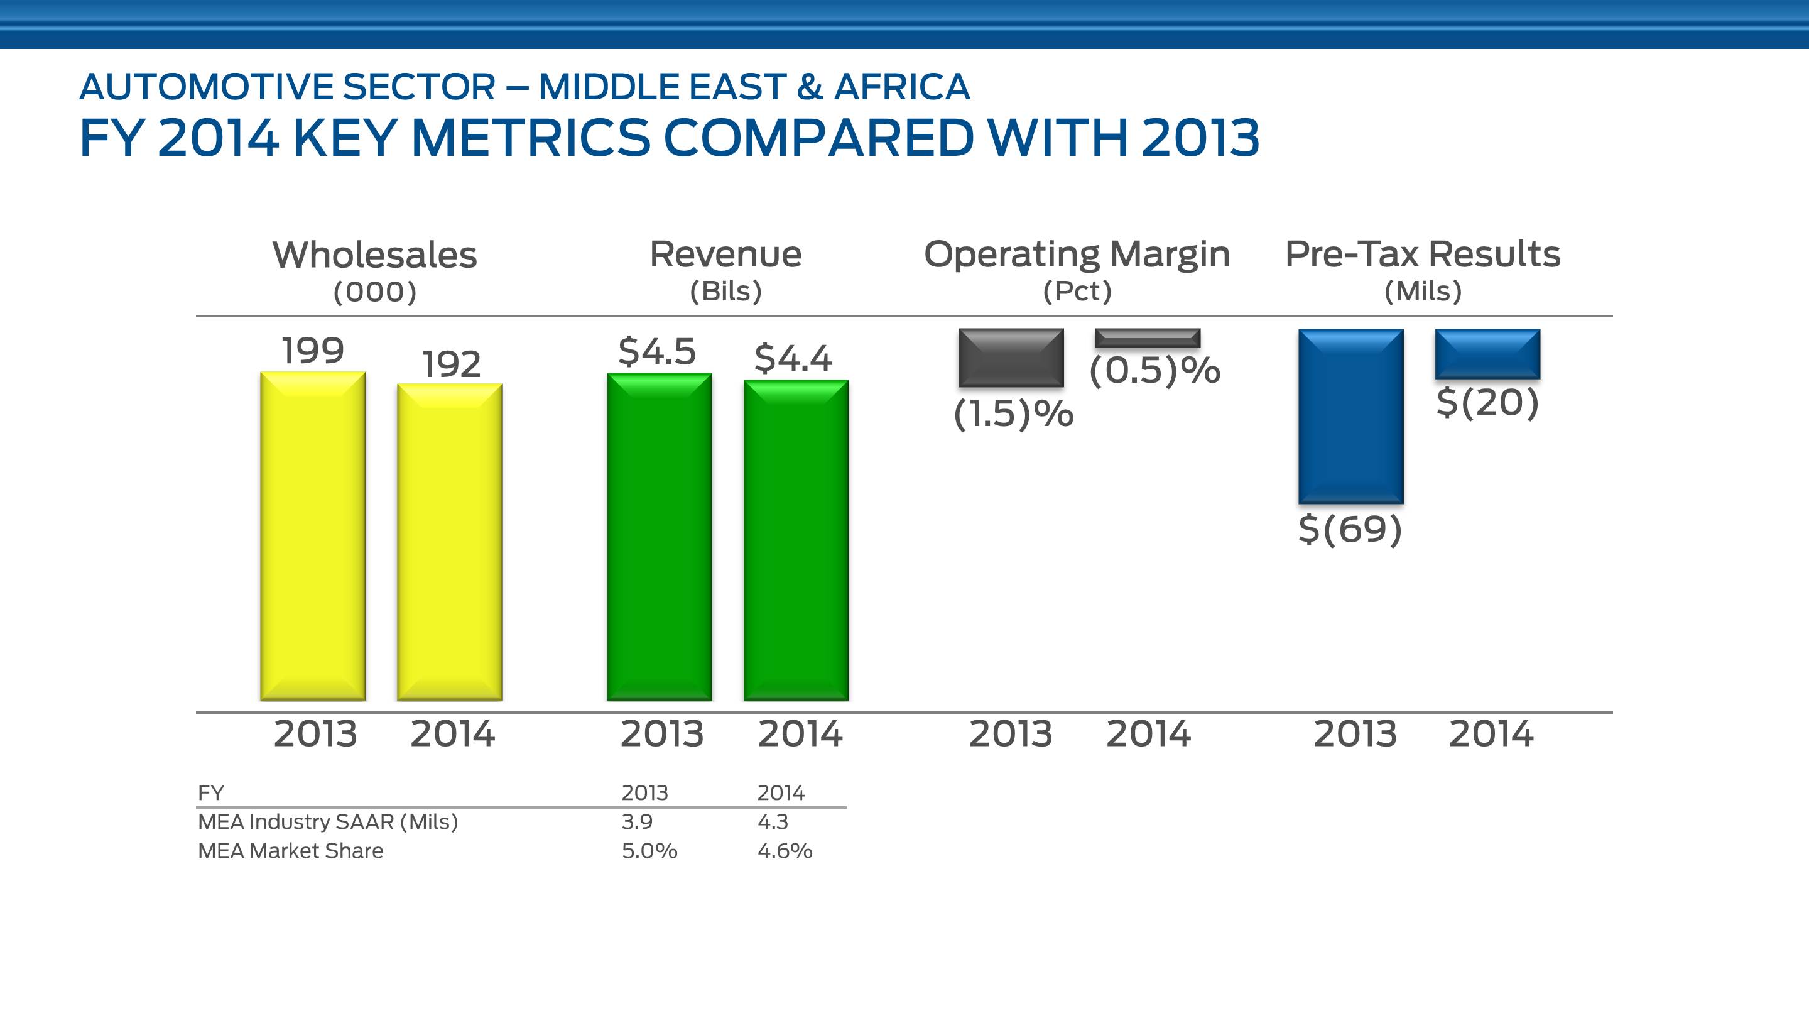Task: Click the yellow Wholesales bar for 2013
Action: tap(313, 536)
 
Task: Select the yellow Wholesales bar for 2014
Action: tap(450, 542)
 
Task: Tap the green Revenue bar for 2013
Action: tap(660, 537)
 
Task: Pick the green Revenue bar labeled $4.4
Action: tap(796, 540)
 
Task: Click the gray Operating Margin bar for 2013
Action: tap(1011, 358)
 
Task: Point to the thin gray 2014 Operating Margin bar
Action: tap(1148, 338)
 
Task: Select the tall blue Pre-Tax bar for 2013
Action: tap(1350, 416)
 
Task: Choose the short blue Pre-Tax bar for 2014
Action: tap(1487, 354)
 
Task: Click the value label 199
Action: tap(313, 350)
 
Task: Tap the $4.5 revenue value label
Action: tap(656, 351)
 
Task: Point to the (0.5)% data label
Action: tap(1154, 370)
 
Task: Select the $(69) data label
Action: tap(1350, 528)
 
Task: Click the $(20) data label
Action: tap(1487, 403)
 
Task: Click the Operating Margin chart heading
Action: tap(1077, 254)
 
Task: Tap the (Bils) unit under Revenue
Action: tap(725, 291)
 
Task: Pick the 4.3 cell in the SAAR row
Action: tap(773, 821)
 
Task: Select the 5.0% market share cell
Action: tap(649, 851)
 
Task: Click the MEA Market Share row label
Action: tap(291, 851)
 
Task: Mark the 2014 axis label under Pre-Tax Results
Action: tap(1491, 733)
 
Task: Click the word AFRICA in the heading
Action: tap(902, 87)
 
